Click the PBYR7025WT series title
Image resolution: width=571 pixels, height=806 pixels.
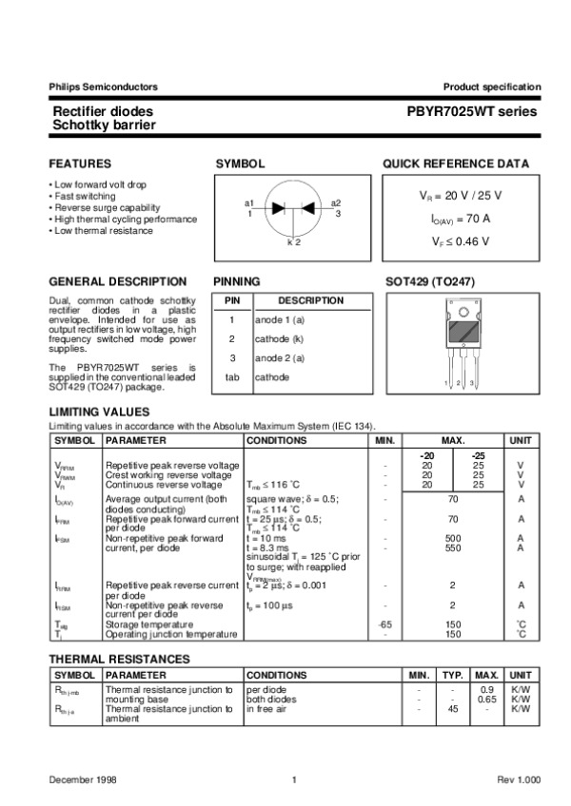472,111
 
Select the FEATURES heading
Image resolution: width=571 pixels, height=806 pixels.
80,163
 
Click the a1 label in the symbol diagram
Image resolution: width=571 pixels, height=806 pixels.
249,203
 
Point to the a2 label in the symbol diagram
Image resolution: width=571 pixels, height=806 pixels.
336,203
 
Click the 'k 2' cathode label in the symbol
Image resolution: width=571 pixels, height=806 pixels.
293,243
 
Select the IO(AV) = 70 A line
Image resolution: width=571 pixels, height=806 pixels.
461,219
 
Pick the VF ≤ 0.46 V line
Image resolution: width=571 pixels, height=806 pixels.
461,240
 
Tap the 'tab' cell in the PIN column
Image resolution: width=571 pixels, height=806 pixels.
231,377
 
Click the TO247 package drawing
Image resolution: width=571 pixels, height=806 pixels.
461,343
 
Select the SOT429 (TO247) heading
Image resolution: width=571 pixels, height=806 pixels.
430,282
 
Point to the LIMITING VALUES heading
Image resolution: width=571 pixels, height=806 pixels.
99,412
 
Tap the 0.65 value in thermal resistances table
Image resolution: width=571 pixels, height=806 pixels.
487,699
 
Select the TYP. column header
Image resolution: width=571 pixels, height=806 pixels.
453,675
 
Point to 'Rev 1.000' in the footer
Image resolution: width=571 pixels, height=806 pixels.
518,779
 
